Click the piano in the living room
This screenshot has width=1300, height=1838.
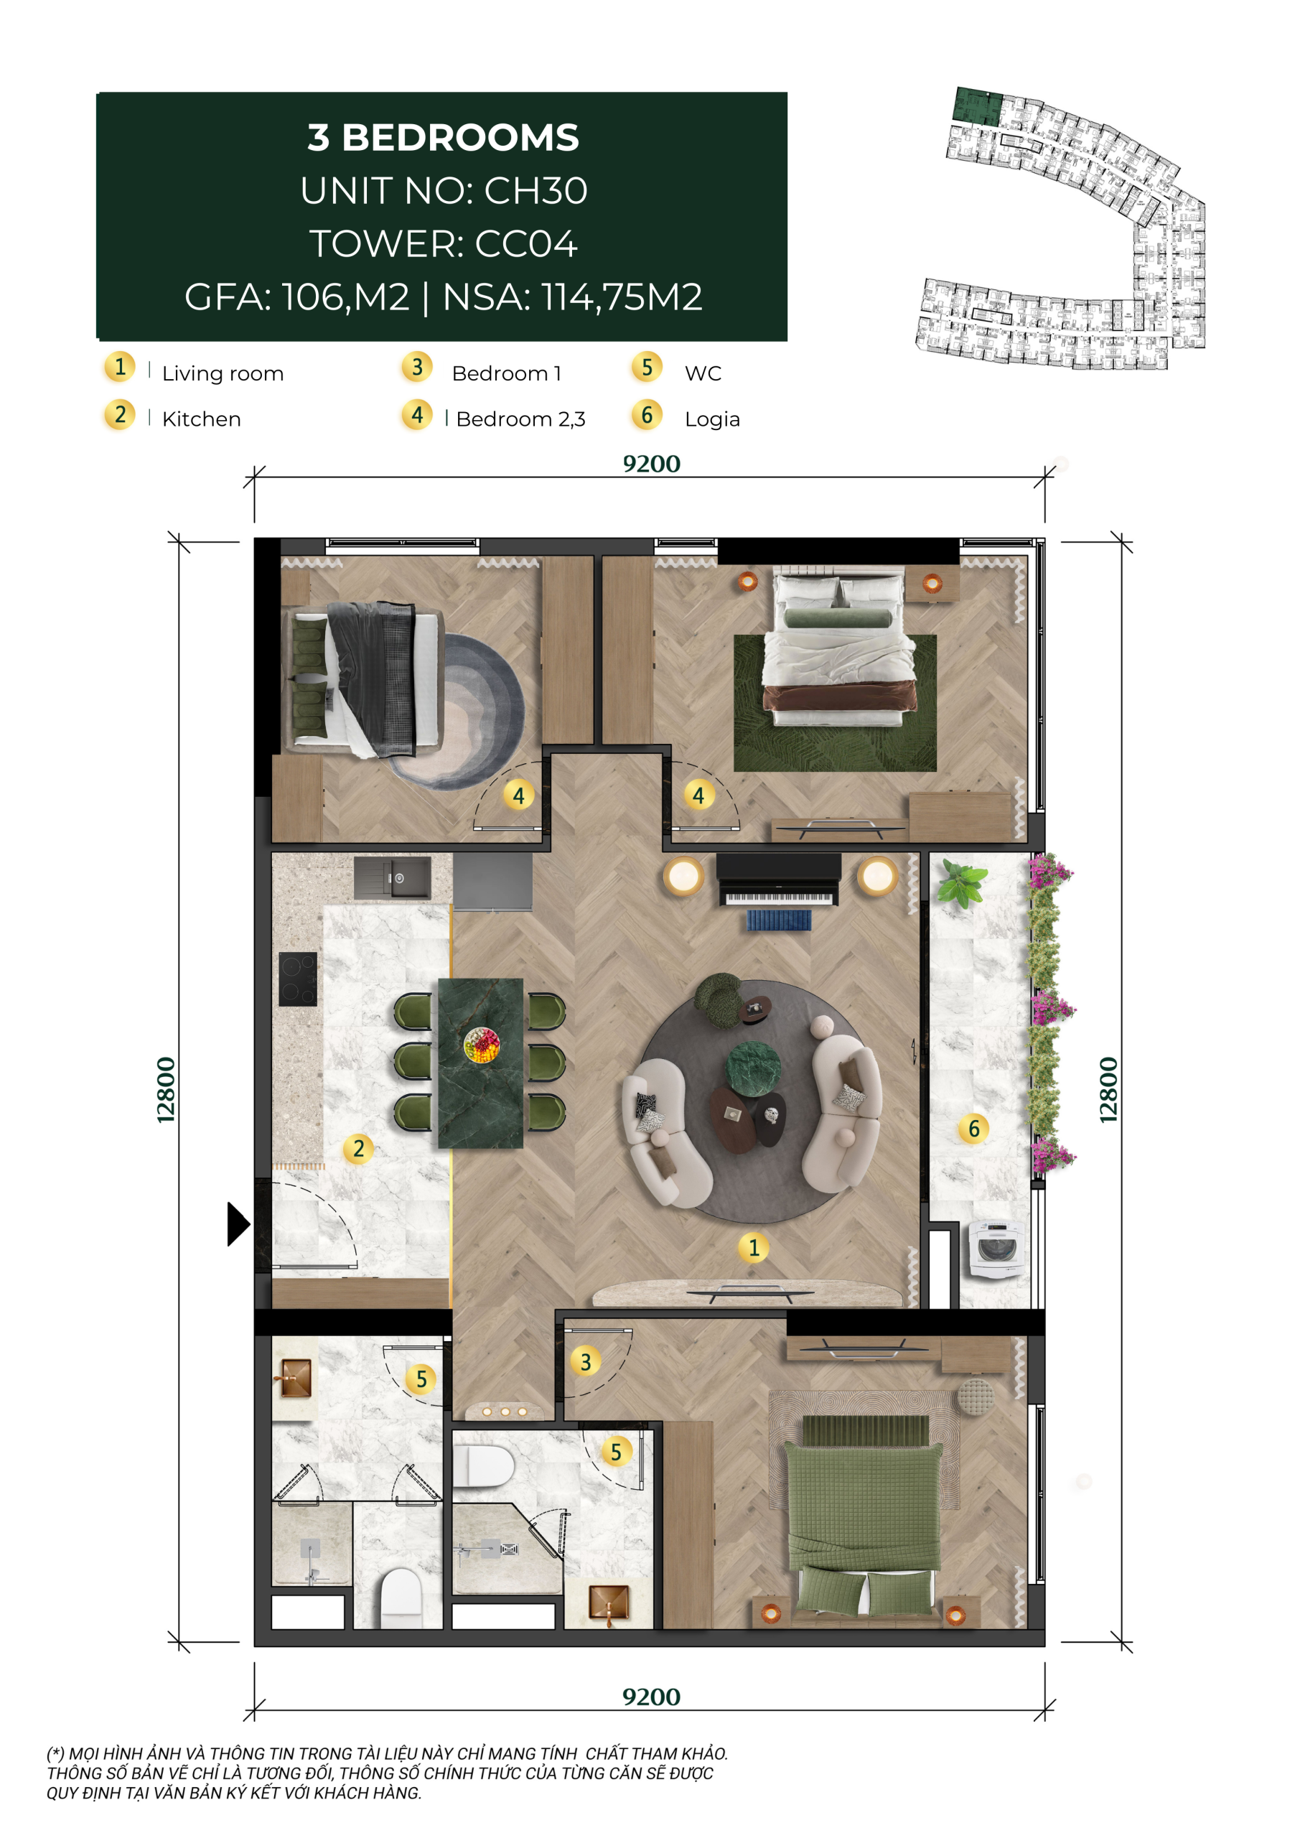coord(778,880)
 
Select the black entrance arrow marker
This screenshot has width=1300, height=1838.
coord(238,1224)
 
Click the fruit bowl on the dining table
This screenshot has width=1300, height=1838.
coord(481,1045)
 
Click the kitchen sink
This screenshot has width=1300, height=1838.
coord(392,877)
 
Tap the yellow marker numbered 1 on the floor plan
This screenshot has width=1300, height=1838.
coord(753,1247)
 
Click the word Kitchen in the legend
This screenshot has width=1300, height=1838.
coord(201,419)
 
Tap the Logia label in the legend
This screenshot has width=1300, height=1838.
coord(712,420)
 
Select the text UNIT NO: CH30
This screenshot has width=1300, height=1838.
coord(444,190)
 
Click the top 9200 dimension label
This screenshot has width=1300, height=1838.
coord(652,465)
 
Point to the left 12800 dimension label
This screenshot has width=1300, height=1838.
coord(166,1091)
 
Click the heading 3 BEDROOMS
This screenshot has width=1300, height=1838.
coord(444,138)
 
